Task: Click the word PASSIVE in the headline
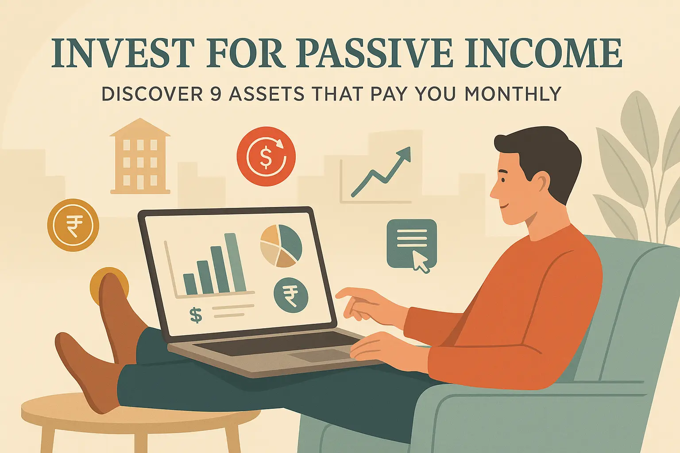pyautogui.click(x=375, y=54)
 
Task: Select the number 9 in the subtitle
pyautogui.click(x=216, y=94)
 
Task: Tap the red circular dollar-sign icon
pyautogui.click(x=266, y=156)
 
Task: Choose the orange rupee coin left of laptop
pyautogui.click(x=73, y=225)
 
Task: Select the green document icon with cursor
pyautogui.click(x=411, y=243)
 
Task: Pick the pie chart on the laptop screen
pyautogui.click(x=281, y=246)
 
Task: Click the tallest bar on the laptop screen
pyautogui.click(x=235, y=263)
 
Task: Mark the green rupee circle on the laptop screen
pyautogui.click(x=291, y=295)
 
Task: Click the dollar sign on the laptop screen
pyautogui.click(x=196, y=315)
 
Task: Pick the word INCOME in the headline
pyautogui.click(x=543, y=54)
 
